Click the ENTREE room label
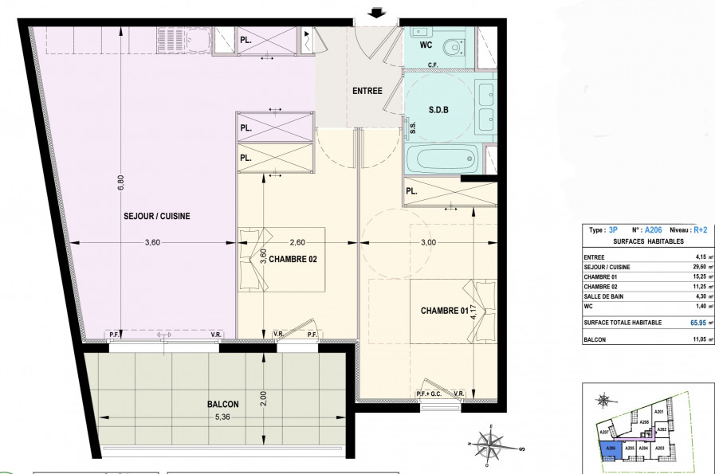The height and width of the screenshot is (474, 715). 367,91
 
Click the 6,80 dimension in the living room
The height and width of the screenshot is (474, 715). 121,182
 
